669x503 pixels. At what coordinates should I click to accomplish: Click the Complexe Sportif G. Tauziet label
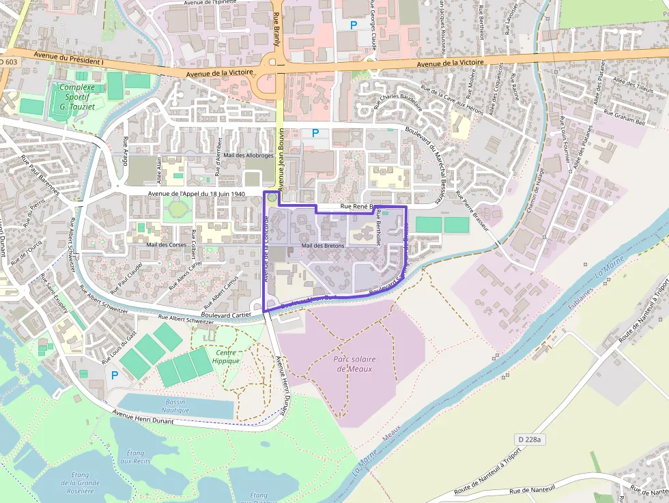click(76, 96)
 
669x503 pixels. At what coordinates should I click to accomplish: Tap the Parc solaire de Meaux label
click(356, 363)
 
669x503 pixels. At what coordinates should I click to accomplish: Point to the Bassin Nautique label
click(175, 406)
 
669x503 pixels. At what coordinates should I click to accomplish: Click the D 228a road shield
click(528, 440)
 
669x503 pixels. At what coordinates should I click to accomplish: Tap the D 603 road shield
click(8, 62)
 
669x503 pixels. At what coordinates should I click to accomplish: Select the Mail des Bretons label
click(323, 246)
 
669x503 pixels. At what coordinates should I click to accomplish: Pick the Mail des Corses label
click(167, 244)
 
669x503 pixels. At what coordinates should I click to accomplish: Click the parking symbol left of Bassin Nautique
click(115, 375)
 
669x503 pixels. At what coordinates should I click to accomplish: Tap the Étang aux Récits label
click(135, 457)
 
